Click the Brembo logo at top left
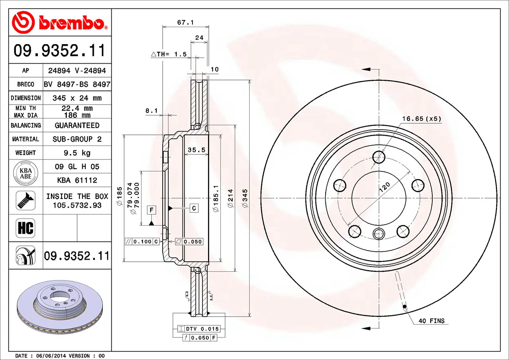coord(60,23)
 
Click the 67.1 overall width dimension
coord(185,23)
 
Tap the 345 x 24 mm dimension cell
coord(77,98)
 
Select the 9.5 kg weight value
coord(77,153)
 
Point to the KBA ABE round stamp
coord(26,173)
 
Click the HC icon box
coord(25,228)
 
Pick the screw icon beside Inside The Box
coord(25,200)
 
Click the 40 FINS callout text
coord(431,321)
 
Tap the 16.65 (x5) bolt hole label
coord(422,119)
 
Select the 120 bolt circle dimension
coord(385,187)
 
